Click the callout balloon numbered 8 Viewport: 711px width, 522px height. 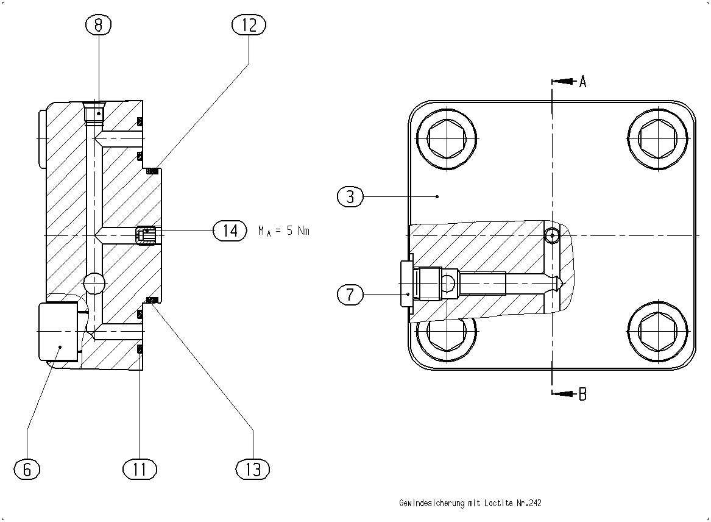click(x=99, y=24)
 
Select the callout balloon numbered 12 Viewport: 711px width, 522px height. click(x=249, y=24)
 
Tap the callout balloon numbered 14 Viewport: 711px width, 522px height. click(x=230, y=231)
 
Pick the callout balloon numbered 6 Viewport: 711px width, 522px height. click(x=27, y=469)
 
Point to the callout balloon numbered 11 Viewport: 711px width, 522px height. click(x=140, y=469)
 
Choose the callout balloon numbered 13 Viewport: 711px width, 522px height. click(x=253, y=469)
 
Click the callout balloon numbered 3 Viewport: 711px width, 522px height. click(x=350, y=196)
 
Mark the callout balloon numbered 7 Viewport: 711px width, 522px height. click(x=350, y=295)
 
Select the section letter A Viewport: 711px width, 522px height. click(x=582, y=82)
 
